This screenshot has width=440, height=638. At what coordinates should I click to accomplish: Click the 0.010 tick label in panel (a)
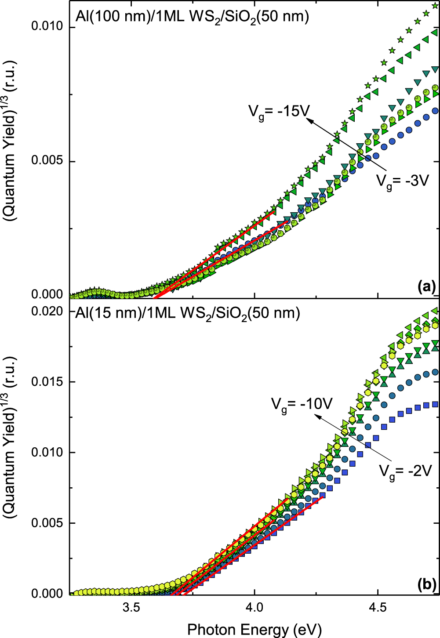(47, 26)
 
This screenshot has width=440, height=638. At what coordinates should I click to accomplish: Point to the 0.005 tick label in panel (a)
(47, 161)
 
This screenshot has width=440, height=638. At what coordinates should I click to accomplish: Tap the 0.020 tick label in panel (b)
(47, 312)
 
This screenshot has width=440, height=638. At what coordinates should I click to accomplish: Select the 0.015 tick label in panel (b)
(47, 381)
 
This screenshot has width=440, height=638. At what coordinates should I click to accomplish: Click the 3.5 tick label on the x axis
(131, 608)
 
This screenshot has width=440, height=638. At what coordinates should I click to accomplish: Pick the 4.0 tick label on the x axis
(254, 608)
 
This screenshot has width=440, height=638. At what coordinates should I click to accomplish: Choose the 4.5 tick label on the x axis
(377, 608)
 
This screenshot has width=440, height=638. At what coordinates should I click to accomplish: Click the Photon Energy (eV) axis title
(254, 629)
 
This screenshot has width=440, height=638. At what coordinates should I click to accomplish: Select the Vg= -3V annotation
(402, 181)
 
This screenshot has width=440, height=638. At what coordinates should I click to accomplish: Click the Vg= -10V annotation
(301, 404)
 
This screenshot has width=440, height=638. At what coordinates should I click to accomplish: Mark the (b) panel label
(426, 584)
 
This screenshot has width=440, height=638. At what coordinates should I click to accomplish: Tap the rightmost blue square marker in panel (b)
(435, 404)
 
